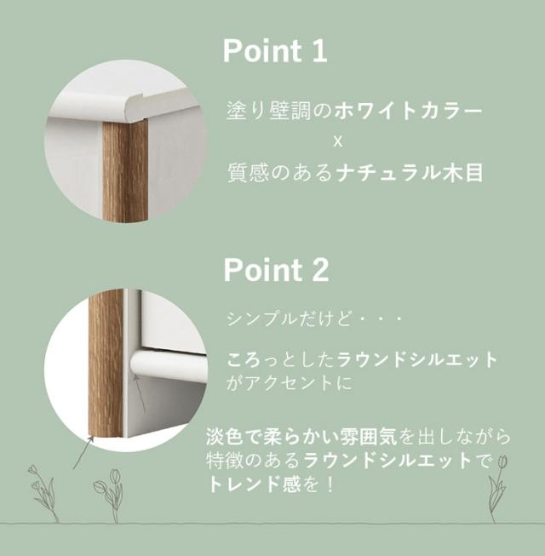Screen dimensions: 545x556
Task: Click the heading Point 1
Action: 275,51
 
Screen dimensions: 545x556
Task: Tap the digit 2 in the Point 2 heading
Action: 320,270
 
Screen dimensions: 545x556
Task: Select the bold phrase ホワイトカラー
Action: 408,111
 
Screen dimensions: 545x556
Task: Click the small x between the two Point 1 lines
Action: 338,142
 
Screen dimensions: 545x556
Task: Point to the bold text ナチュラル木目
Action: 410,173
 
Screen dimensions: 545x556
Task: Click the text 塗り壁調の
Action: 279,111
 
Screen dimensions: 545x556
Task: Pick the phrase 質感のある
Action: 280,173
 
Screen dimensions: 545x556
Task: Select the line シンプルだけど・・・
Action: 314,318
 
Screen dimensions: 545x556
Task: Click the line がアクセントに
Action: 290,383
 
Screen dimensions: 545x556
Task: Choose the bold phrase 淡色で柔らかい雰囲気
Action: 301,437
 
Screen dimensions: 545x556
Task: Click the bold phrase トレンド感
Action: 254,484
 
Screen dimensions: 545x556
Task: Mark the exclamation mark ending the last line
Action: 330,484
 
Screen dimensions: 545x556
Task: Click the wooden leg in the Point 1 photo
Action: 125,171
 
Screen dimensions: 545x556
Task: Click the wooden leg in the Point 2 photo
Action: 106,364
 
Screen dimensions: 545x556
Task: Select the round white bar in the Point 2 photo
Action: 168,363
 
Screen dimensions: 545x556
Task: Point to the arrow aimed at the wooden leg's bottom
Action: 83,452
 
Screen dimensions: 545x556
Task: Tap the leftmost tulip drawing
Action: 43,493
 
